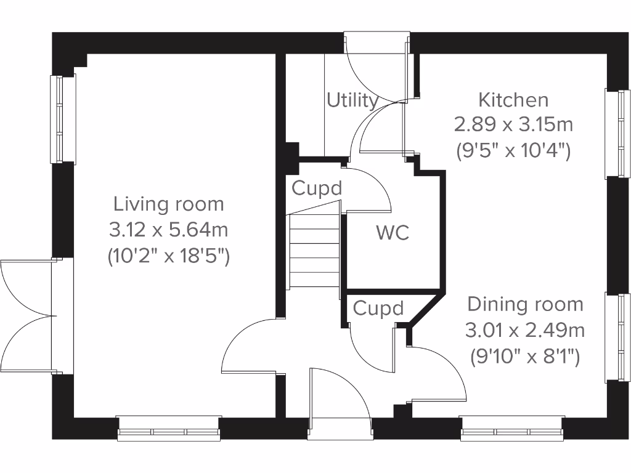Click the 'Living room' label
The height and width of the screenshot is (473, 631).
[x=168, y=204]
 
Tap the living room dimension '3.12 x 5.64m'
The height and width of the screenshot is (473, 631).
[x=168, y=230]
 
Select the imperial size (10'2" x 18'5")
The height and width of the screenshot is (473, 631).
[x=168, y=256]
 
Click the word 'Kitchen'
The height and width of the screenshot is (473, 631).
[x=513, y=99]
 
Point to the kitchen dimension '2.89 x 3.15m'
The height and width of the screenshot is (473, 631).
[x=513, y=125]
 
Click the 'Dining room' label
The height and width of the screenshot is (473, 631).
[x=525, y=304]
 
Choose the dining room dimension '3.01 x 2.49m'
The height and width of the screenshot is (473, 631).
[x=525, y=331]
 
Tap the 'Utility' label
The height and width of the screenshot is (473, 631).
[x=352, y=100]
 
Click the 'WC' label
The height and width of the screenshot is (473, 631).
[x=393, y=233]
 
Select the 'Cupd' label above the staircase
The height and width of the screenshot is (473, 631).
[x=316, y=188]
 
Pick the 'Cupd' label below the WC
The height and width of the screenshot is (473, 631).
[x=378, y=308]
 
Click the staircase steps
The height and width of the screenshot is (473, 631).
[x=314, y=249]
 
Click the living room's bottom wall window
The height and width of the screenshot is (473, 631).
[x=169, y=429]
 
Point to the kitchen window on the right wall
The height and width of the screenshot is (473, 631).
[x=617, y=134]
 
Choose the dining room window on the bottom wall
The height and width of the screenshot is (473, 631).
[x=511, y=429]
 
